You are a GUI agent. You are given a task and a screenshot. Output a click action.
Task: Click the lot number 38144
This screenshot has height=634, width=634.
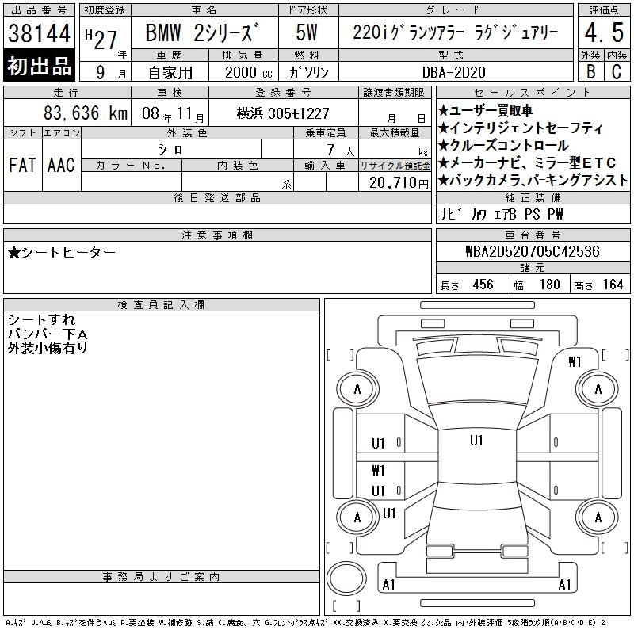[x=39, y=33]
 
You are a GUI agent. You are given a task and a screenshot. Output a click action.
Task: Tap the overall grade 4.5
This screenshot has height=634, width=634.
[x=604, y=32]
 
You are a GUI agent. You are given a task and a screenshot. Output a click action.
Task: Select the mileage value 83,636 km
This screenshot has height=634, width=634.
[x=86, y=113]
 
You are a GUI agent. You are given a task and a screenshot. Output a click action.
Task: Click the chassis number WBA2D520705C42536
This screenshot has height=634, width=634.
[x=533, y=251]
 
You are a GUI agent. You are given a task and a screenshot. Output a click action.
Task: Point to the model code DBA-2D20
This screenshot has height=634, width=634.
[x=453, y=72]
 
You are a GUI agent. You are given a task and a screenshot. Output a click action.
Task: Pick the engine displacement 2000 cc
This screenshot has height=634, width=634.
[x=248, y=72]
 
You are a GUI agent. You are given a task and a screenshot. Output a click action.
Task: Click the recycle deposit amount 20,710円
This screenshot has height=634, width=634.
[x=399, y=183]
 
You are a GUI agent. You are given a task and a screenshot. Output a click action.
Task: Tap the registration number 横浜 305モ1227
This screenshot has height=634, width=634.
[x=283, y=113]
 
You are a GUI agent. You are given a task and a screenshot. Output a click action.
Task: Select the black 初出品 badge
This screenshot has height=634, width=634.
[x=39, y=66]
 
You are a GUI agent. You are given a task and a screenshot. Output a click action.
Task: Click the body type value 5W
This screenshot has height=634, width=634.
[x=307, y=32]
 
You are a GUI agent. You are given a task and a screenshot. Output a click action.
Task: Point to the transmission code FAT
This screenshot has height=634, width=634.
[x=22, y=165]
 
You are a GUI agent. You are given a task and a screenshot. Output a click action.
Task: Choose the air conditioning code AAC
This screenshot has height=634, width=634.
[x=61, y=165]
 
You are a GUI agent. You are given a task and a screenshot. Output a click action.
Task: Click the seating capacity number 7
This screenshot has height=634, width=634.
[x=330, y=150]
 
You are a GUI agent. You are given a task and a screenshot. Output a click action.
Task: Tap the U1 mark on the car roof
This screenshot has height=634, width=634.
[x=476, y=441]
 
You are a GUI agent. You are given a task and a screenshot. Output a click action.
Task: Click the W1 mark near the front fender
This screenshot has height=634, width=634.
[x=575, y=362]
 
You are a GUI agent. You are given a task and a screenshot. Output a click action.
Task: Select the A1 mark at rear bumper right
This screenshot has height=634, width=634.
[x=564, y=585]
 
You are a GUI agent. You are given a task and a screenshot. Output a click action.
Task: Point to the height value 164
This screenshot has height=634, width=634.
[x=613, y=285]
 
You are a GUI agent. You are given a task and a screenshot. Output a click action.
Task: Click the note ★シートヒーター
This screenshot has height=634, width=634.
[x=62, y=253]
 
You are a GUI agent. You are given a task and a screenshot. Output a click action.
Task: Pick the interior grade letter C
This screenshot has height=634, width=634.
[x=617, y=71]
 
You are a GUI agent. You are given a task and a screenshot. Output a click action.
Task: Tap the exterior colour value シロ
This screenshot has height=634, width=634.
[x=170, y=149]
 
